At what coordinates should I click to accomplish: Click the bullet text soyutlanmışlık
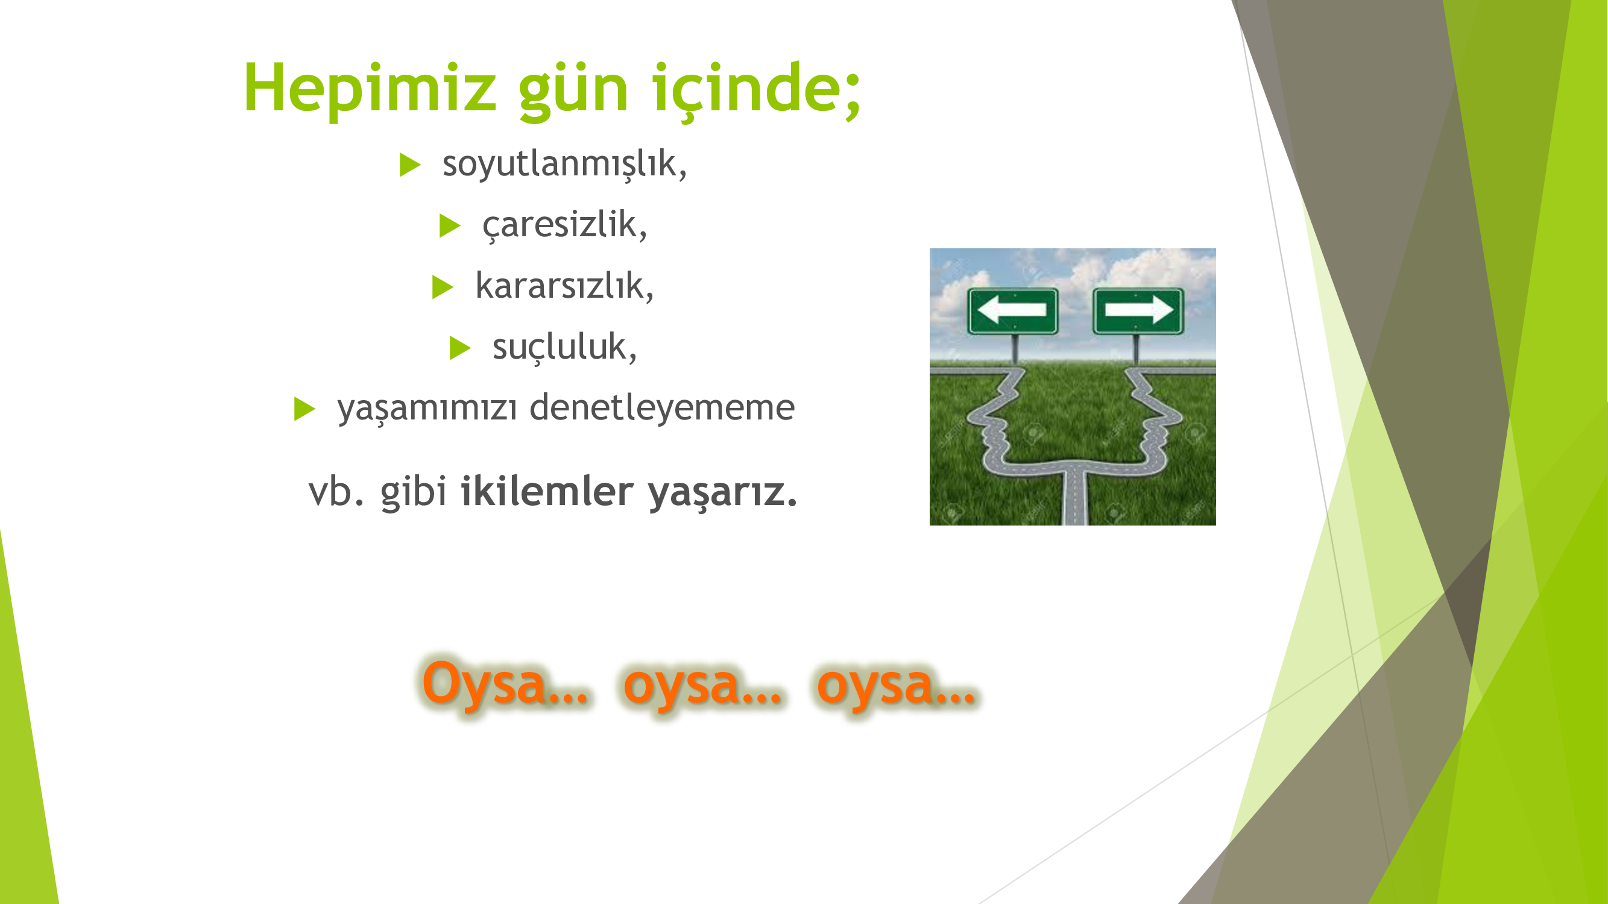pyautogui.click(x=564, y=164)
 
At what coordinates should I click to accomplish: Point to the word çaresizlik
pyautogui.click(x=564, y=225)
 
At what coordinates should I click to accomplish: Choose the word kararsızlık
pyautogui.click(x=564, y=286)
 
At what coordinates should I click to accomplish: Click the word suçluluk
pyautogui.click(x=564, y=347)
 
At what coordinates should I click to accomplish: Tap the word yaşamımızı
pyautogui.click(x=427, y=409)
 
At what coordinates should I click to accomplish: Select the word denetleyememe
pyautogui.click(x=662, y=407)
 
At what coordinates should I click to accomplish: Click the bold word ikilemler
pyautogui.click(x=547, y=491)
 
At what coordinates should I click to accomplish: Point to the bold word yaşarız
pyautogui.click(x=722, y=493)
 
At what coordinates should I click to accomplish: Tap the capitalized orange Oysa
pyautogui.click(x=505, y=685)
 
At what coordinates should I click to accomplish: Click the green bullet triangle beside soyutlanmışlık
pyautogui.click(x=410, y=165)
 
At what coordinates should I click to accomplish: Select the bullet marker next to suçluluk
pyautogui.click(x=460, y=348)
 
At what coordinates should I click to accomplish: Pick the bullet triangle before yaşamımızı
pyautogui.click(x=304, y=409)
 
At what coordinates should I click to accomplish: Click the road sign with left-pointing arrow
pyautogui.click(x=1012, y=311)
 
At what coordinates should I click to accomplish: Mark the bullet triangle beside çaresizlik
pyautogui.click(x=449, y=225)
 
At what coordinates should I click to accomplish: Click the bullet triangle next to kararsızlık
pyautogui.click(x=443, y=287)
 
